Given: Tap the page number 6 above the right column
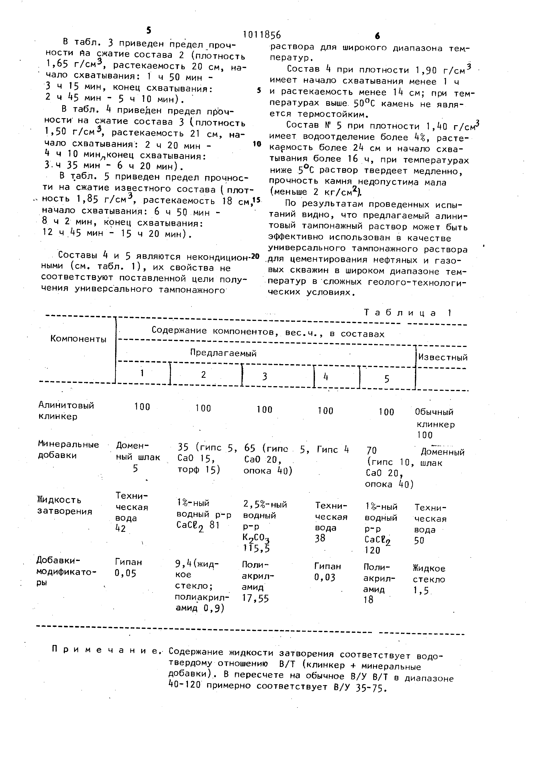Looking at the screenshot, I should (377, 36).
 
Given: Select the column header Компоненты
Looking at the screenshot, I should (78, 339).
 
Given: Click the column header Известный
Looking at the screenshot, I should (443, 357).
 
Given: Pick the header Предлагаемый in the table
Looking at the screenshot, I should (223, 353).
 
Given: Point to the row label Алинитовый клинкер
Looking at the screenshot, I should (66, 410).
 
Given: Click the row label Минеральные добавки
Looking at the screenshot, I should (68, 450).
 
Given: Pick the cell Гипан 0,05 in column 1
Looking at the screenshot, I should (129, 568).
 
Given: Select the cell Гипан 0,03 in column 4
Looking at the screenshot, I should (327, 572).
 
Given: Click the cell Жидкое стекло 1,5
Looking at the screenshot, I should (429, 579).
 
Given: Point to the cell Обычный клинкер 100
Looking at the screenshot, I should (435, 423).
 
